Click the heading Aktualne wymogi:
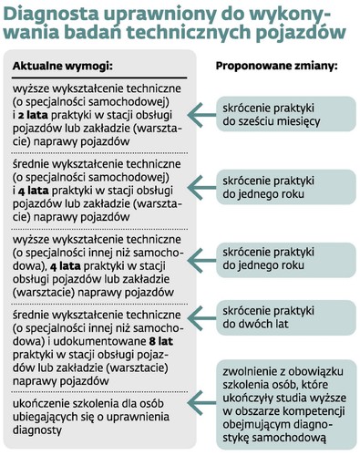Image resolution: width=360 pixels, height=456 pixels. pyautogui.click(x=62, y=67)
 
